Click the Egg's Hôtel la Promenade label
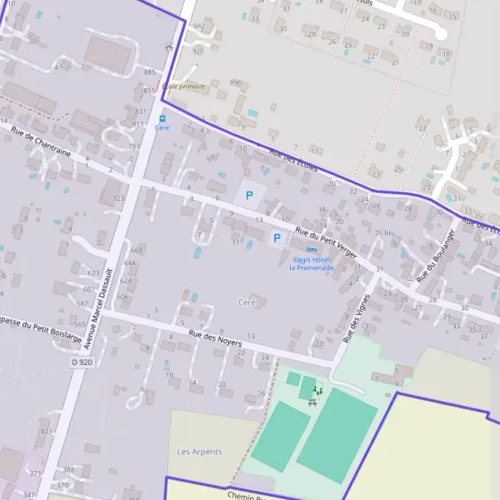[x=311, y=263]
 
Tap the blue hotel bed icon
[x=312, y=250]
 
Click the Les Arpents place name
[x=200, y=452]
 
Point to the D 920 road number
[x=82, y=362]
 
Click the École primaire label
[x=183, y=87]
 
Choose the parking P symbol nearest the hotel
[x=277, y=238]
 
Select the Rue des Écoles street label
[x=293, y=159]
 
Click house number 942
[x=198, y=26]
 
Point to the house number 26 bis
[x=383, y=232]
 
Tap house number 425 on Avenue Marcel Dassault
[x=47, y=431]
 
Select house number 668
[x=137, y=250]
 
